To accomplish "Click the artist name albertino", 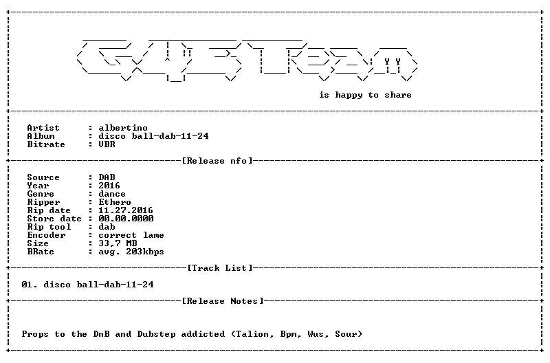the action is click(x=123, y=128).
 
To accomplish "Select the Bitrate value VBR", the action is click(x=107, y=144).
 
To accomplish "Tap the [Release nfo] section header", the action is click(x=217, y=161).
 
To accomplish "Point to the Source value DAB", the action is click(x=107, y=177).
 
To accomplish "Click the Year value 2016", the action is click(x=109, y=186).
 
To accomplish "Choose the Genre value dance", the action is click(x=112, y=194).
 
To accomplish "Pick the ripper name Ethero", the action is click(x=115, y=202).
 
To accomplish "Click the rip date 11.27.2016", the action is click(x=126, y=210).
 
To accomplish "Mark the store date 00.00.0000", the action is click(x=126, y=219).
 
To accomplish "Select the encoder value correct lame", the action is click(x=131, y=235).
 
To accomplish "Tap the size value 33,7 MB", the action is click(x=118, y=243).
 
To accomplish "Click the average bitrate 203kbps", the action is click(x=145, y=252).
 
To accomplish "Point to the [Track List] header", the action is click(x=220, y=268).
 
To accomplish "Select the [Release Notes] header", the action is click(x=223, y=301).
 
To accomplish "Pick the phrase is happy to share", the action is click(x=365, y=95).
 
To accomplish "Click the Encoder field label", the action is click(x=46, y=235).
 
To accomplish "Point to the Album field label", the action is click(x=41, y=136).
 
